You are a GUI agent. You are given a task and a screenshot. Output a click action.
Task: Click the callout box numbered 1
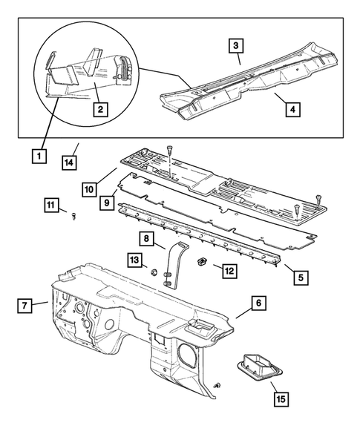pos(36,156)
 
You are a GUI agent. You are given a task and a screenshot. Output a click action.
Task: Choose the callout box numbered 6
pos(258,303)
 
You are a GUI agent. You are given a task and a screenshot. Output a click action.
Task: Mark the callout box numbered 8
pos(148,239)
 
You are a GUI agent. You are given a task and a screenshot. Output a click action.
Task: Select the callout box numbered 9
pos(108,201)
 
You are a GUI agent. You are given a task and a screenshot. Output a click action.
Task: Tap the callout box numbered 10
pos(90,190)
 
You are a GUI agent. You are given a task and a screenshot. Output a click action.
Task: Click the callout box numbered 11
pos(50,205)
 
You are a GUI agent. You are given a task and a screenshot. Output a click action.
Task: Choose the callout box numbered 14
pos(69,162)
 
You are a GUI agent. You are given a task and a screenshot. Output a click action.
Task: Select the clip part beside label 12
pos(201,262)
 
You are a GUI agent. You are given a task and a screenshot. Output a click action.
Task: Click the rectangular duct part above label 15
pos(255,367)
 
